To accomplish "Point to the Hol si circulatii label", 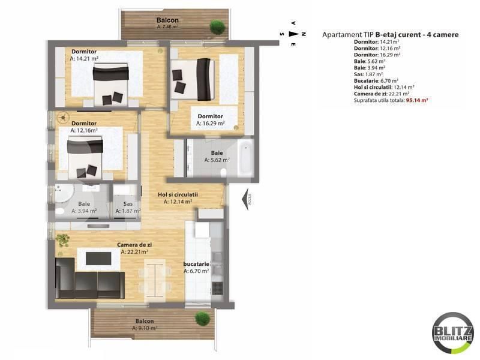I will point(178,195).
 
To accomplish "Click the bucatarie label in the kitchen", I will point(196,263).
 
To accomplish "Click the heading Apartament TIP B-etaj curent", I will point(390,35).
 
